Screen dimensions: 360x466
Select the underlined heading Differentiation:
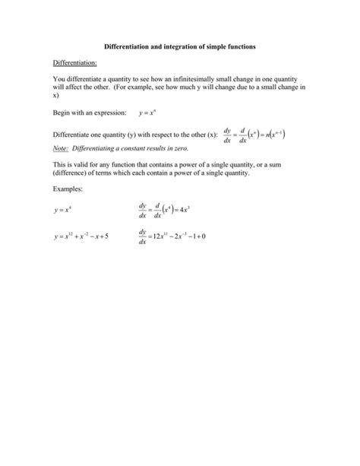[75, 63]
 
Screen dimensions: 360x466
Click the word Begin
[62, 112]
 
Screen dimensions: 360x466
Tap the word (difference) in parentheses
[74, 173]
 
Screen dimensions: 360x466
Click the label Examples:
[68, 189]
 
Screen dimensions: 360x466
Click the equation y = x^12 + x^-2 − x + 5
[82, 236]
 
